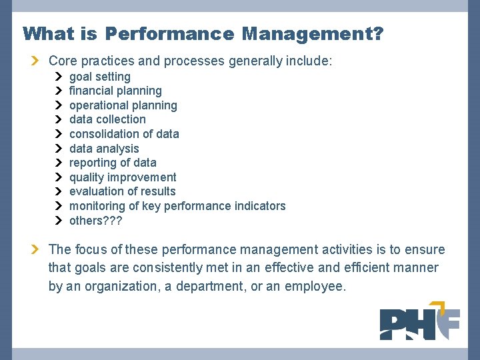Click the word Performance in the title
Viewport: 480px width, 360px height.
pos(169,33)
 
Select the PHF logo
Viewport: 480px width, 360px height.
pos(419,321)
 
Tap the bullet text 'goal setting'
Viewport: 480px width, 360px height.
pos(100,77)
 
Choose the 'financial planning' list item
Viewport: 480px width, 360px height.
pos(115,91)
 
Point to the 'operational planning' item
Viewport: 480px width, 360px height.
pos(123,105)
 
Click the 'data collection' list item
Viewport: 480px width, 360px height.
pos(107,119)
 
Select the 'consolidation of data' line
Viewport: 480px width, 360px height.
pos(124,134)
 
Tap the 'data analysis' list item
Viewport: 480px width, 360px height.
pos(104,149)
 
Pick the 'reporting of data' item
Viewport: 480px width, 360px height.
pos(113,163)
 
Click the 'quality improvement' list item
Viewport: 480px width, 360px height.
pos(123,177)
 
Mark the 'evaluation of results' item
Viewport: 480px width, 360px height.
pos(123,191)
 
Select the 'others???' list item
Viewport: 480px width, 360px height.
pos(96,221)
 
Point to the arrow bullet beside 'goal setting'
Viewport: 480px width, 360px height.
pos(58,77)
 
